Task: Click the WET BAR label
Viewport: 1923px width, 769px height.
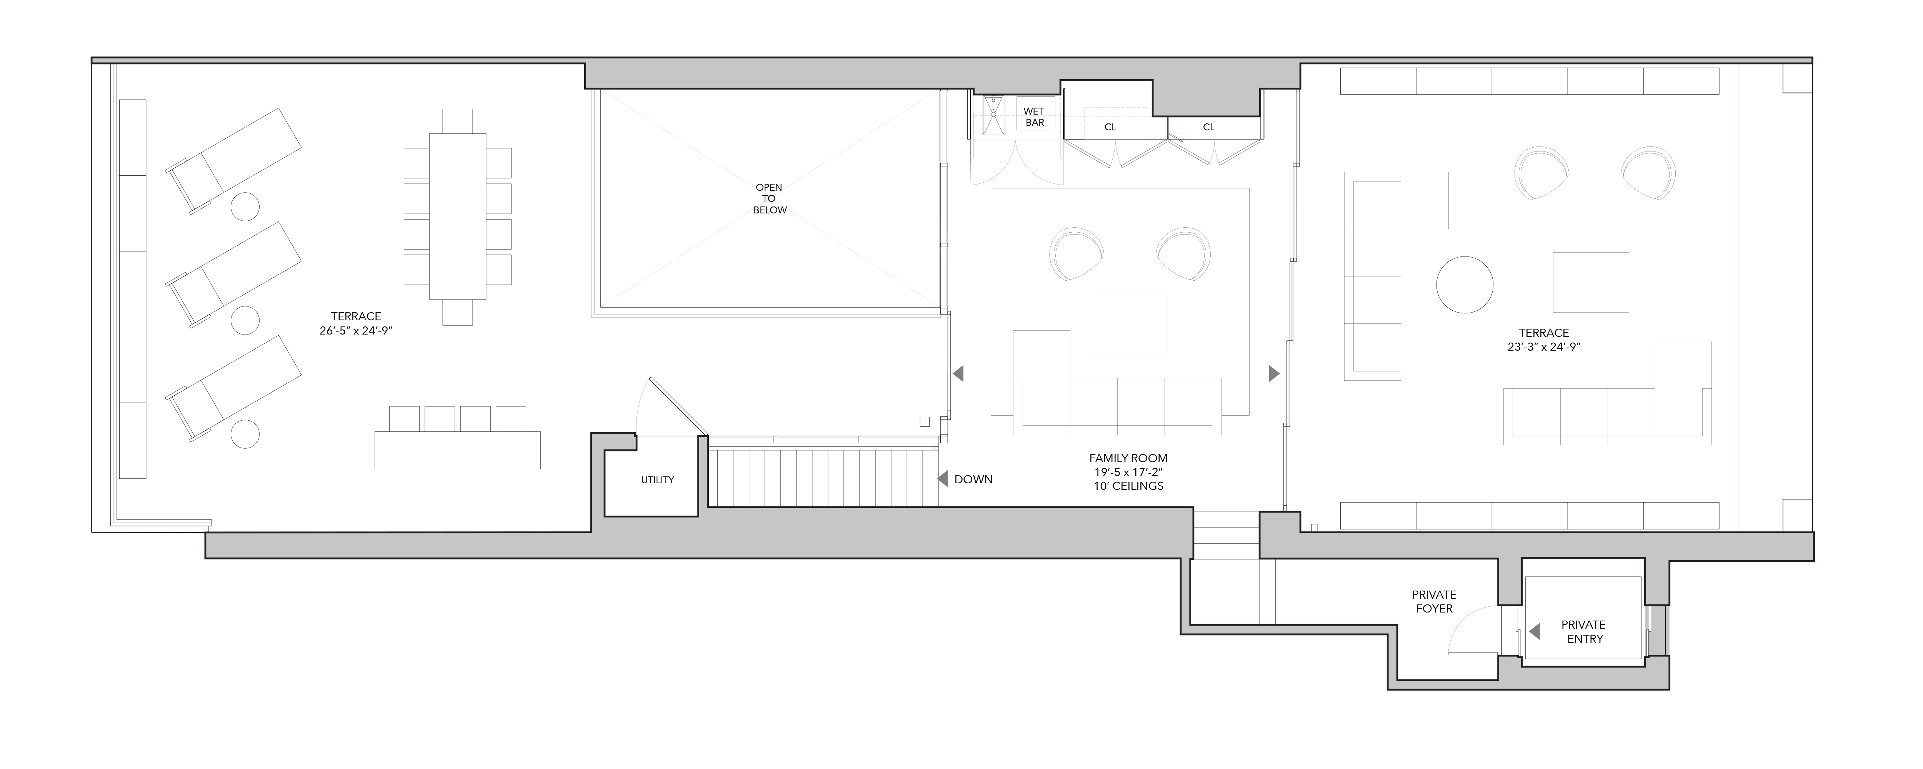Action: click(1034, 117)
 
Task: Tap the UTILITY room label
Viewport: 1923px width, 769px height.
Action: click(657, 480)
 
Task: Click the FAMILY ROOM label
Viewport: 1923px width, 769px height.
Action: click(1128, 458)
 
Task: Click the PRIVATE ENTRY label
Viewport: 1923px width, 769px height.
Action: click(1583, 632)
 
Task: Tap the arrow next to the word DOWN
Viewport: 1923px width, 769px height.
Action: click(942, 479)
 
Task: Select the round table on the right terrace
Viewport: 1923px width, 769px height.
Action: click(1465, 285)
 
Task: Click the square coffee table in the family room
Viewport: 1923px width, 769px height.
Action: click(1130, 326)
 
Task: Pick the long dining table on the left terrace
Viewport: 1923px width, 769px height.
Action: click(458, 216)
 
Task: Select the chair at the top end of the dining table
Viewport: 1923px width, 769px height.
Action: click(458, 121)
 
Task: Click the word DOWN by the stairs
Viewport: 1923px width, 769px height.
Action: click(973, 479)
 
